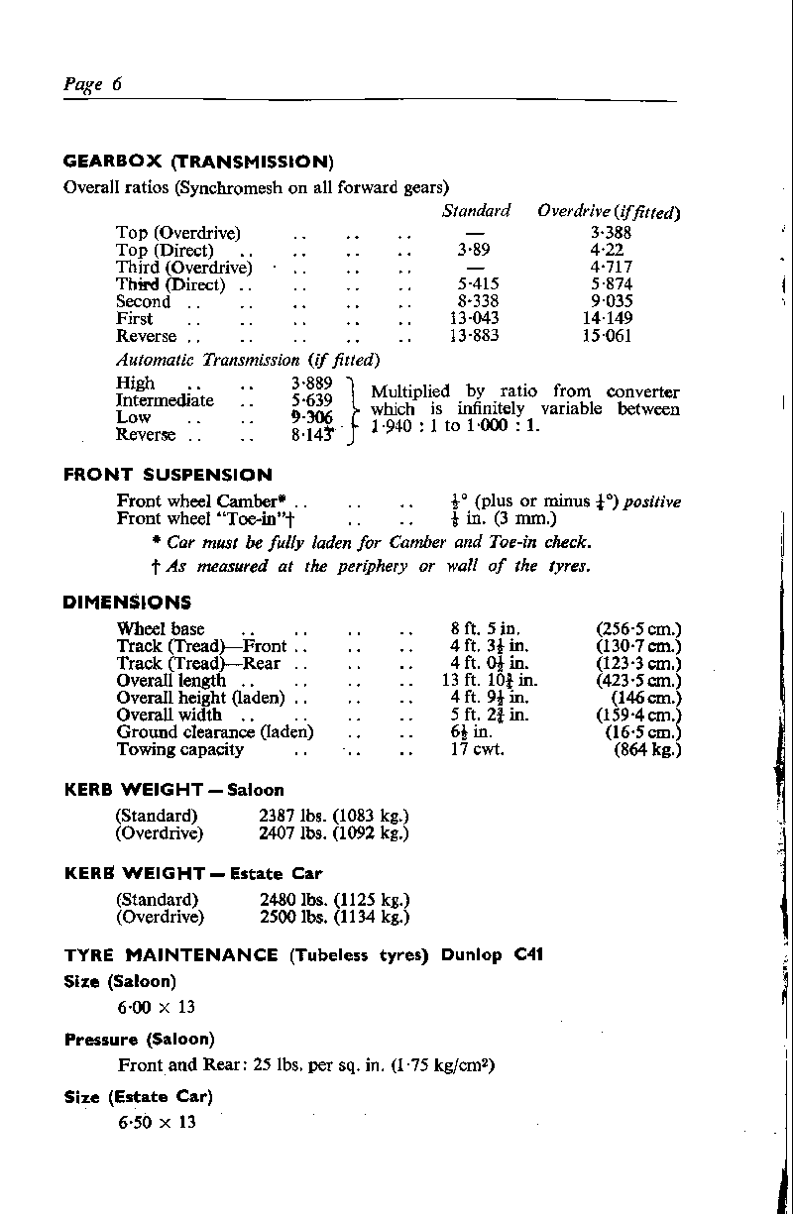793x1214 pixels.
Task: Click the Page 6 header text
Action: [x=91, y=85]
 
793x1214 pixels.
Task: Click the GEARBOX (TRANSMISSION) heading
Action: [x=197, y=162]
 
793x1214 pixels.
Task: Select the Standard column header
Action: [x=476, y=211]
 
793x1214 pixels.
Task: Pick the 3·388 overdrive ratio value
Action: [x=611, y=233]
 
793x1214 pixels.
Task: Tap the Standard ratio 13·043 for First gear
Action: [x=475, y=319]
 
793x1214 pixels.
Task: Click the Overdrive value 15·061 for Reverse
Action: [x=608, y=336]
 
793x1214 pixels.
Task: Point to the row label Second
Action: [x=143, y=301]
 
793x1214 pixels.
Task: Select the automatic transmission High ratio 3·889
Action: [x=311, y=384]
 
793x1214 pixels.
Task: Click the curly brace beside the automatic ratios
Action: [x=354, y=409]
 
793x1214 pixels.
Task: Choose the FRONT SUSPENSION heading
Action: [x=167, y=475]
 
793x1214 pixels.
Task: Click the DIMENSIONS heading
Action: [x=127, y=603]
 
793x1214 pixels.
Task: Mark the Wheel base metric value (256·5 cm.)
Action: [x=638, y=629]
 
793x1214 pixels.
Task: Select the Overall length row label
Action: [x=170, y=681]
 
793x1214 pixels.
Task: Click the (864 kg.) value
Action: [x=647, y=749]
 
